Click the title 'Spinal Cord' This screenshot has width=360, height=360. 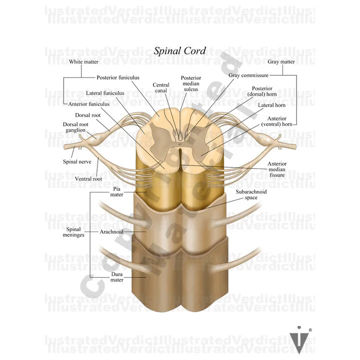click(179, 50)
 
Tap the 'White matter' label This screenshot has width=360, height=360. click(83, 62)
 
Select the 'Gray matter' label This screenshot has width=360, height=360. click(281, 62)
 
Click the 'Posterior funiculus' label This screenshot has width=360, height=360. click(118, 77)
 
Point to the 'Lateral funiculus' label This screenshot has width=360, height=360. click(105, 93)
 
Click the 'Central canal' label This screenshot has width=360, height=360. click(161, 88)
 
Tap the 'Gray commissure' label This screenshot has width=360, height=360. click(249, 75)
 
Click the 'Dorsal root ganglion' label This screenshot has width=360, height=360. click(76, 127)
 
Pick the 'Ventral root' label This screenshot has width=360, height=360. click(88, 178)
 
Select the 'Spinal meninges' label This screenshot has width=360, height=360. click(73, 232)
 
